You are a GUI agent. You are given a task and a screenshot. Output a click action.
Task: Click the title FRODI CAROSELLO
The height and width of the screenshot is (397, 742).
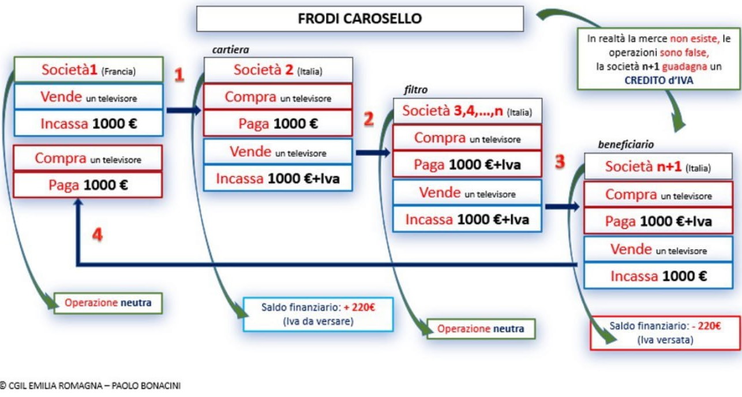(x=359, y=18)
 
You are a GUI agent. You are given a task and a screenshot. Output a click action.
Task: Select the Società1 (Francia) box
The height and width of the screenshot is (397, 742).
(x=88, y=71)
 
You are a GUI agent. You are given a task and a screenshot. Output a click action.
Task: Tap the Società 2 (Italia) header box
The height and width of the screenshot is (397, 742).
(x=278, y=71)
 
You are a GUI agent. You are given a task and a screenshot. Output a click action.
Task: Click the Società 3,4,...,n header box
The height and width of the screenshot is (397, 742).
(x=467, y=111)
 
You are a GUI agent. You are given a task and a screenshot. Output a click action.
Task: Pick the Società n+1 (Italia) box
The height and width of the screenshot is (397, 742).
(x=658, y=168)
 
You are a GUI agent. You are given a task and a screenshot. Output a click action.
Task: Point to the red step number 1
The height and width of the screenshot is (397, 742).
(x=179, y=75)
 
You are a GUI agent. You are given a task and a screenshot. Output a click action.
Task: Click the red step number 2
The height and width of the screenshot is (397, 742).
(x=369, y=120)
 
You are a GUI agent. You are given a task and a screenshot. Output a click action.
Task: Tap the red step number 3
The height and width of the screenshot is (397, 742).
(x=560, y=161)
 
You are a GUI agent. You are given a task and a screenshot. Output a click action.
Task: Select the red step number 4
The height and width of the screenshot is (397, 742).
(x=98, y=235)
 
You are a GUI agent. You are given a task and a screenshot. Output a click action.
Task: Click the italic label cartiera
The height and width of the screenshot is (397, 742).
(x=231, y=50)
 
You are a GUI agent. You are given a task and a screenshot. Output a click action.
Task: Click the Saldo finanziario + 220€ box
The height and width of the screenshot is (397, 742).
(x=318, y=314)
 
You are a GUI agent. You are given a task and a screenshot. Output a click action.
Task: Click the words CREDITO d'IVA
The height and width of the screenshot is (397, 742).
(x=659, y=80)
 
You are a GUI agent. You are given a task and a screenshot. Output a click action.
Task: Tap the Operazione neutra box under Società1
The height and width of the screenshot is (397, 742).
(x=108, y=302)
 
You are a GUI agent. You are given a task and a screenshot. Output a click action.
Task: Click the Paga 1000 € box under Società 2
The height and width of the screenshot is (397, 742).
(x=278, y=124)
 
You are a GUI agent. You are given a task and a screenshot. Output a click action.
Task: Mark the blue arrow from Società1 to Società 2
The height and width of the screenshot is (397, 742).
(x=183, y=110)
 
